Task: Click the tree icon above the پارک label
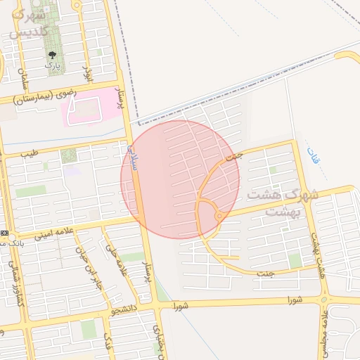coord(52,54)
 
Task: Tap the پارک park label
coord(52,65)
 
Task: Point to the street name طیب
coord(28,153)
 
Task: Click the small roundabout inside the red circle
coord(219,217)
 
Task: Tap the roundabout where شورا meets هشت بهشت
coord(324,300)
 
